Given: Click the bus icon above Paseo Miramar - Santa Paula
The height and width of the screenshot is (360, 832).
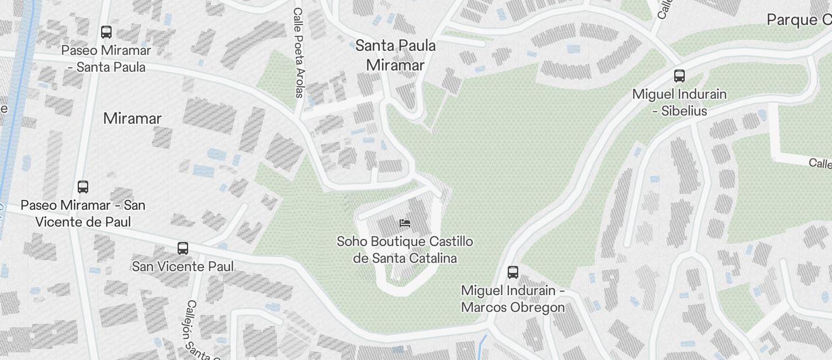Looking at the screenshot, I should (106, 32).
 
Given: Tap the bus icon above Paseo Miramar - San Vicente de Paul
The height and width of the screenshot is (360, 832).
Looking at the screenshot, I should (83, 187).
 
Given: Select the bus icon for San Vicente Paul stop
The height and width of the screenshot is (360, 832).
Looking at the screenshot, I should (183, 248).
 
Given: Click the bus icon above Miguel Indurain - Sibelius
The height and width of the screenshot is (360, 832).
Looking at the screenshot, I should (680, 75).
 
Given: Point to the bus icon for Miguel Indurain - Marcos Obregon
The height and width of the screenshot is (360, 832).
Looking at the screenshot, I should (512, 272).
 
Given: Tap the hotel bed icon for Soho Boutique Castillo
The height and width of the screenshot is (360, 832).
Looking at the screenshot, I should (404, 223).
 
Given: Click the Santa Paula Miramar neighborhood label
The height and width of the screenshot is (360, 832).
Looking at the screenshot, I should (396, 55).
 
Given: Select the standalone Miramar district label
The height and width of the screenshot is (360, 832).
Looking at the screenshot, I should (132, 119).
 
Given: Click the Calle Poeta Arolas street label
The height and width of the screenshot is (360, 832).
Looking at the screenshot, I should (299, 53).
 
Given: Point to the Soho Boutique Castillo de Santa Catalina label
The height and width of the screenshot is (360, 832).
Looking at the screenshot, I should (405, 250).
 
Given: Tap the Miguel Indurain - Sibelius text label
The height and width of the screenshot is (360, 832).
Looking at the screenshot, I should (680, 102).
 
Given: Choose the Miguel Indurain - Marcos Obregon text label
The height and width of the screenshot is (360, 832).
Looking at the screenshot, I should (512, 299).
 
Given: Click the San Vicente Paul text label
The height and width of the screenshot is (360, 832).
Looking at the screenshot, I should (183, 266).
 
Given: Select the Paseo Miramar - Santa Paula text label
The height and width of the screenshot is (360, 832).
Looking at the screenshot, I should (106, 58).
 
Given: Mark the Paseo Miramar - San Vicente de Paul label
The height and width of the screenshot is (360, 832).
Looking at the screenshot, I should (83, 213).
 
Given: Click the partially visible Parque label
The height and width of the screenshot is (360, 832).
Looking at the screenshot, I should (798, 20).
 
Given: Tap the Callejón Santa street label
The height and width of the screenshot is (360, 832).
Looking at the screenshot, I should (199, 330).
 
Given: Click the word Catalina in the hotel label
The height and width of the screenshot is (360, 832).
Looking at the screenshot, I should (431, 258).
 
